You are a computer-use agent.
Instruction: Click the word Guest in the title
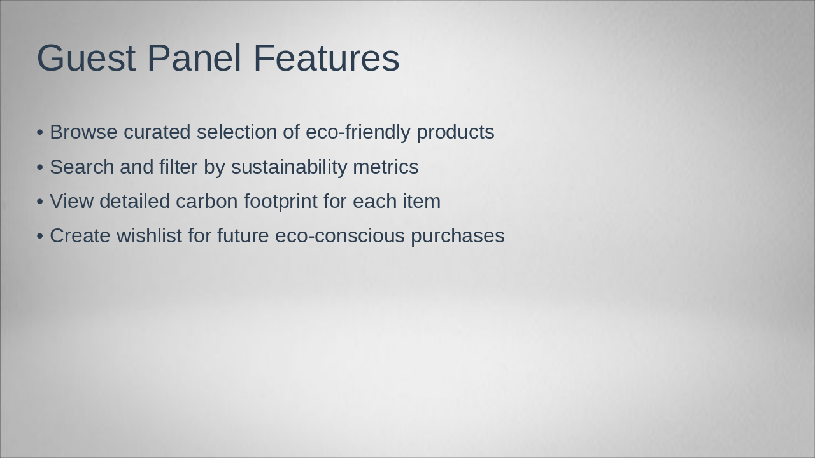coord(86,58)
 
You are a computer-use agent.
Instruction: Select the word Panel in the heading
coord(195,57)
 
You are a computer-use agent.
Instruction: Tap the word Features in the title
coord(327,58)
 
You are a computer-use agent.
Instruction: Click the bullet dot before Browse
coord(40,132)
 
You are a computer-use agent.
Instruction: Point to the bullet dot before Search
coord(40,167)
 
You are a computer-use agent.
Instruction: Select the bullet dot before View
coord(40,202)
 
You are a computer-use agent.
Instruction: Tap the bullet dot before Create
coord(40,236)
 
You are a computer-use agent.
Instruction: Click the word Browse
coord(83,132)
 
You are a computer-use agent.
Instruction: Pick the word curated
coord(157,132)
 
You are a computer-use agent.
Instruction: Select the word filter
coord(178,167)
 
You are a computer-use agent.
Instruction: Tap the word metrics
coord(386,167)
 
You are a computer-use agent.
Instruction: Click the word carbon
coord(207,201)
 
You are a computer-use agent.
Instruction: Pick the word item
coord(422,201)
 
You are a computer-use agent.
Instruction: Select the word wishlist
coord(149,235)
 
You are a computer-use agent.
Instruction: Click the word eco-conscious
coord(340,235)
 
